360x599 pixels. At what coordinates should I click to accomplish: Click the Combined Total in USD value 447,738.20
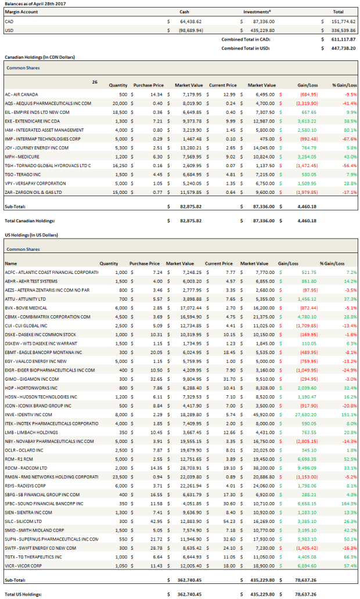point(342,49)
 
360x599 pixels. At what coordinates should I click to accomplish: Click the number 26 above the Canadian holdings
point(95,82)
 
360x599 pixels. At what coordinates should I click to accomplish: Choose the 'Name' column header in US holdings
point(10,263)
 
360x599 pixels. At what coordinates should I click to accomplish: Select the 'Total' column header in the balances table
point(337,12)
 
